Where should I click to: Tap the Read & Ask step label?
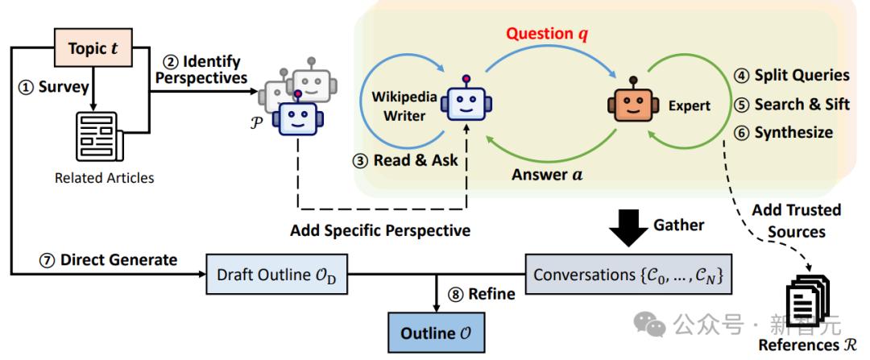[407, 159]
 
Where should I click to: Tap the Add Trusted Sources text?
[797, 220]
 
